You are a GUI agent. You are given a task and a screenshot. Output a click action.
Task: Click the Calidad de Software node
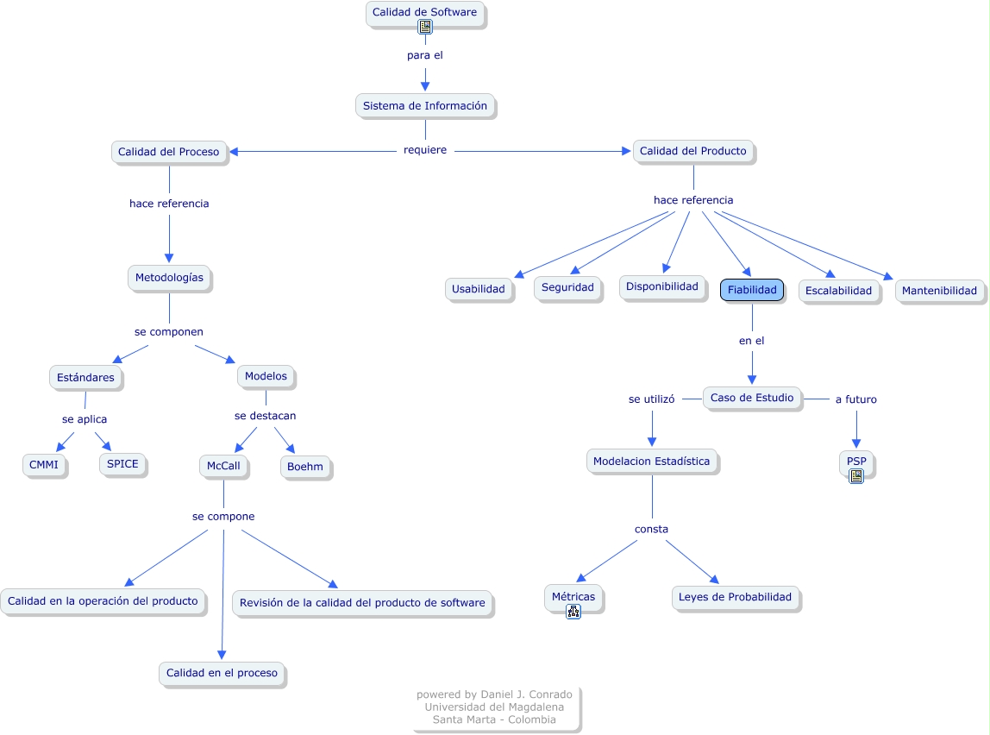[424, 13]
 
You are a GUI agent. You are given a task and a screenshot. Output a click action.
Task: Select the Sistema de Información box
[425, 105]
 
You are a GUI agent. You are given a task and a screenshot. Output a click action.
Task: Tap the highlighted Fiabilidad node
[752, 290]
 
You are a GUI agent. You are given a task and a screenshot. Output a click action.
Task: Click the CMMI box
[44, 465]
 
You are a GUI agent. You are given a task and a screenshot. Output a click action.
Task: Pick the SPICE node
[122, 463]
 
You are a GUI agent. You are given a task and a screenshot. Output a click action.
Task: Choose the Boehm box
[305, 467]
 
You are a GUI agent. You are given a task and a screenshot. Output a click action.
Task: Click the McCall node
[224, 466]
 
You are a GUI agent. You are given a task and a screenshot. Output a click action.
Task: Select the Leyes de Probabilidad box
[735, 597]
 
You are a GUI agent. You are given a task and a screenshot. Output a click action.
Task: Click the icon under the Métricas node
[573, 612]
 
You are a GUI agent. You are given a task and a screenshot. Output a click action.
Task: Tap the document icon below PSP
[855, 475]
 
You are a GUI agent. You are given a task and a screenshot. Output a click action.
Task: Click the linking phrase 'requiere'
[425, 150]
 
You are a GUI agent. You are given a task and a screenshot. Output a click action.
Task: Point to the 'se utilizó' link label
[651, 399]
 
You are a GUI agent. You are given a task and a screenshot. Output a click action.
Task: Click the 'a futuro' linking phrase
[855, 399]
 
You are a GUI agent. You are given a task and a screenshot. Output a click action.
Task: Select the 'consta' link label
[651, 529]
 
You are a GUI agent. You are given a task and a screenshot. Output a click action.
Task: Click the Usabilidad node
[479, 289]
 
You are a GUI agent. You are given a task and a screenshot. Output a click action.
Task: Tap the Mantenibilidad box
[939, 290]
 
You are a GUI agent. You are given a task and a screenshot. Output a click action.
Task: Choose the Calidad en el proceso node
[222, 673]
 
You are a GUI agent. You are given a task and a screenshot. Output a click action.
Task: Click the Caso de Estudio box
[752, 398]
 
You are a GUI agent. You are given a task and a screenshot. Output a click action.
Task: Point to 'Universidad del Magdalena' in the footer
[494, 707]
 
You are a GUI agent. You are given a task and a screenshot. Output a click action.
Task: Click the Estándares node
[85, 377]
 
